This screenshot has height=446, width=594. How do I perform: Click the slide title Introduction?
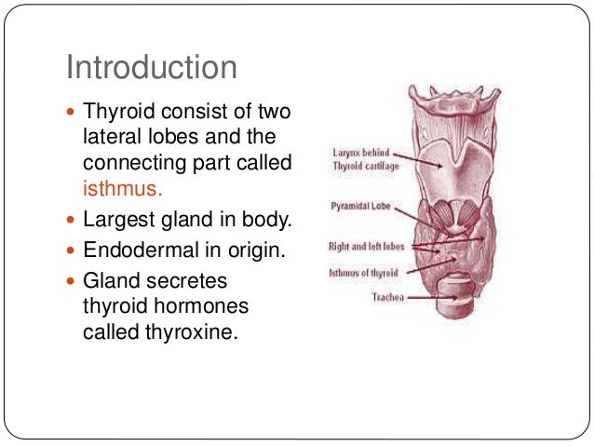tap(151, 67)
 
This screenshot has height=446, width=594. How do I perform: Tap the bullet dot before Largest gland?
tap(72, 222)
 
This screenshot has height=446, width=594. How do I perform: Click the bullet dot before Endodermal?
tap(72, 250)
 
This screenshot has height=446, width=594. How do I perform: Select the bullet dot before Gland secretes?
tap(72, 280)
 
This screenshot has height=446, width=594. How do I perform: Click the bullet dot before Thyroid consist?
tap(72, 113)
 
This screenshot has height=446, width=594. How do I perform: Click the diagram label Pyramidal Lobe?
tap(358, 207)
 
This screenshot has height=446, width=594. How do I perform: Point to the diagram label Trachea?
tap(386, 298)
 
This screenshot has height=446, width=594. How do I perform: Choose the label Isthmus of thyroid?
tap(365, 273)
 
